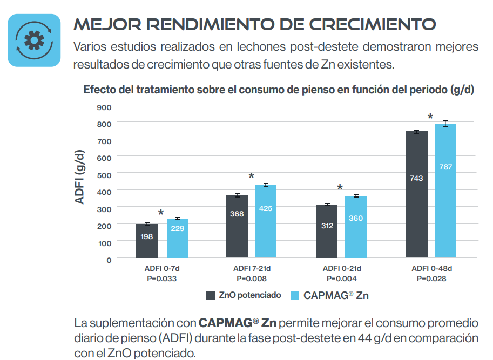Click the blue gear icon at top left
pos(34,40)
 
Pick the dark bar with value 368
pos(237,226)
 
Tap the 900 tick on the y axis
pos(104,107)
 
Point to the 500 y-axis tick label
pos(104,174)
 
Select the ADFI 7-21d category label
pos(252,269)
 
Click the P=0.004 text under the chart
pos(341,279)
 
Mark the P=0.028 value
pos(430,279)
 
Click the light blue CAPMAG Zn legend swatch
pos(295,295)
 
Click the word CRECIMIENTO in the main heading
pos(375,24)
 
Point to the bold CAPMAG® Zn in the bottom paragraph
pos(238,324)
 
